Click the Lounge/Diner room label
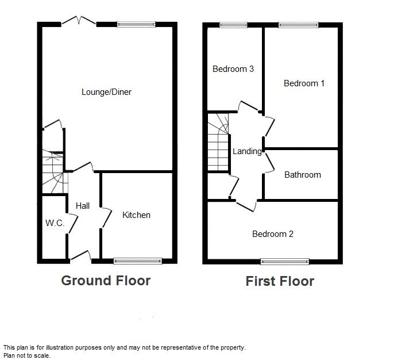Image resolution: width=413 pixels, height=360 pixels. pos(106,92)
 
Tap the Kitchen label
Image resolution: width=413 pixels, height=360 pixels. pos(137,215)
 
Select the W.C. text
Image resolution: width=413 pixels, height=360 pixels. pos(55,223)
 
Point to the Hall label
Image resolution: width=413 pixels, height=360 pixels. pos(83,206)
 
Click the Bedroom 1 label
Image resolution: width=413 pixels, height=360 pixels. pos(304,83)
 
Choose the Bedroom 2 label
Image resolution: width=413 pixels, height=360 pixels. pos(273,234)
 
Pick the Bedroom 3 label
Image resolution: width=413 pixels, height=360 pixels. pos(233,69)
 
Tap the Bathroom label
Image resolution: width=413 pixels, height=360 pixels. pos(303,175)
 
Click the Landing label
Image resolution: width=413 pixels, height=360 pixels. pos(247,151)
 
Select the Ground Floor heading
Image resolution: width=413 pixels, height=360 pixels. pos(106,281)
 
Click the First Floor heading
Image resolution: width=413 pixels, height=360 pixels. pos(280,281)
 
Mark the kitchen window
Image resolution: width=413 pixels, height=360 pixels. pos(138,261)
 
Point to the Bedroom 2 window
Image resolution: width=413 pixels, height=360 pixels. pos(285,262)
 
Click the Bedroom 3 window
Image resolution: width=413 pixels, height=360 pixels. pos(233,25)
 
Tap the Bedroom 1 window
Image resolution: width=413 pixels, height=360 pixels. pos(299,25)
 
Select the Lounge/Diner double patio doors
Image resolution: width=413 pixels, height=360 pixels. pos(79,22)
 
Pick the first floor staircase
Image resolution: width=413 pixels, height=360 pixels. pos(218,142)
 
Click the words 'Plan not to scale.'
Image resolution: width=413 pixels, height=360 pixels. pos(26,355)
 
